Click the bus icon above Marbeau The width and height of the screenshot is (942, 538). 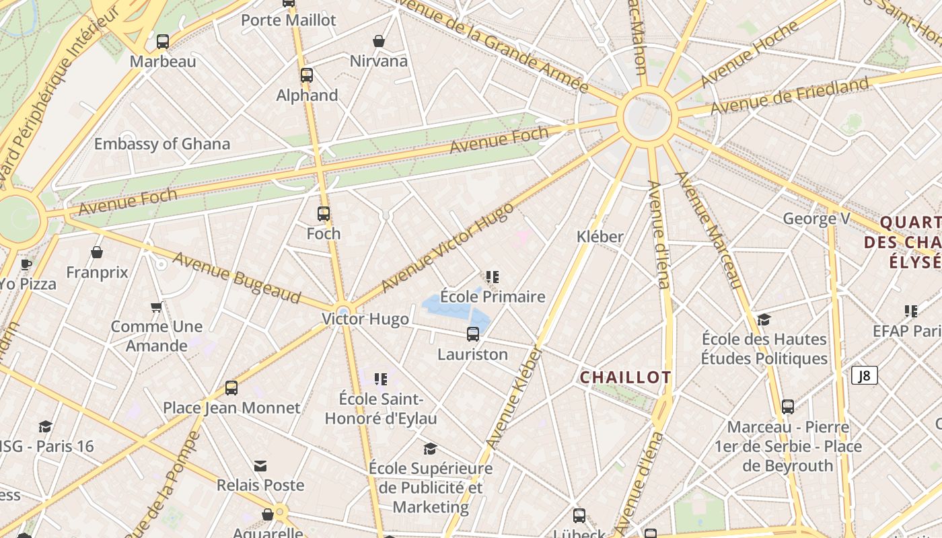click(x=162, y=42)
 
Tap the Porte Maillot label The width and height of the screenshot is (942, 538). click(x=288, y=20)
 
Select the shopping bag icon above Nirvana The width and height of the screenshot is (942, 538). click(x=379, y=41)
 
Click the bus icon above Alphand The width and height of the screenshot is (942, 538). click(x=307, y=75)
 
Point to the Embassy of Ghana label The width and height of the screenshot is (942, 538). click(x=161, y=144)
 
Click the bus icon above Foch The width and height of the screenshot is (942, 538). click(x=324, y=214)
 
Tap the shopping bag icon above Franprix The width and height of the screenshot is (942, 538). click(x=97, y=253)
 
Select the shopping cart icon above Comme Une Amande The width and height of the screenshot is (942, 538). click(x=157, y=307)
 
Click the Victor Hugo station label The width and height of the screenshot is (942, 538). click(x=365, y=319)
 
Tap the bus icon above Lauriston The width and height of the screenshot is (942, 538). click(x=473, y=334)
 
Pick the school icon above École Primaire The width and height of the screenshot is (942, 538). click(x=493, y=276)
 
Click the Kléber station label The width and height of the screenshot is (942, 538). click(x=600, y=237)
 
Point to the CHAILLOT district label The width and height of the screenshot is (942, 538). click(x=625, y=378)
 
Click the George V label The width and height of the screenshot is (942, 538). click(x=817, y=219)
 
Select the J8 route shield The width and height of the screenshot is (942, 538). click(x=865, y=375)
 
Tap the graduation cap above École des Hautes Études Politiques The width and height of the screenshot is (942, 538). click(x=764, y=319)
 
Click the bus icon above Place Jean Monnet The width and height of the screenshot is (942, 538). click(x=231, y=388)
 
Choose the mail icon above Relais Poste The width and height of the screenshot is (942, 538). click(x=260, y=465)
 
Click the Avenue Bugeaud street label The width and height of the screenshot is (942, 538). click(x=236, y=278)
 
